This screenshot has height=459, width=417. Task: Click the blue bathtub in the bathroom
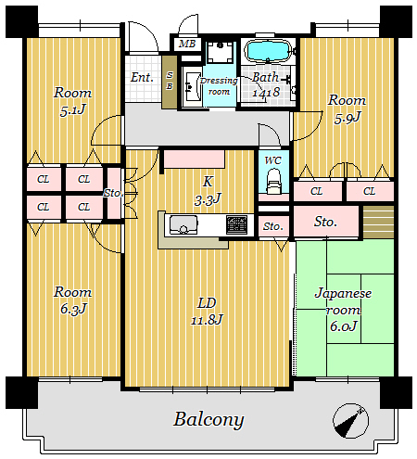[268, 51]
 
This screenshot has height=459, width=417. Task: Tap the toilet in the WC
[273, 181]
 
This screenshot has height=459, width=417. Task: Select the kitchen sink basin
[183, 224]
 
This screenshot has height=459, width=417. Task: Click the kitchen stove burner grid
[236, 224]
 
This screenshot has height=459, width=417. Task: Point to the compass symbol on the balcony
[350, 421]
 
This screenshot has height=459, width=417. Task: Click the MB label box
[187, 44]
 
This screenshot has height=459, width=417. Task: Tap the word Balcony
[208, 420]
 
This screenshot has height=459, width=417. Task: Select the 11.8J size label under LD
[207, 320]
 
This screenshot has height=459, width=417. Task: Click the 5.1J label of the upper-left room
[72, 110]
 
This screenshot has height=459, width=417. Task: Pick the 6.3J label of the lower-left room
[73, 309]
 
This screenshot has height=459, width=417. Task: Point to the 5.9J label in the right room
[347, 118]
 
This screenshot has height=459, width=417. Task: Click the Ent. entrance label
[142, 77]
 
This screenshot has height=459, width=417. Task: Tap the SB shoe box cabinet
[170, 82]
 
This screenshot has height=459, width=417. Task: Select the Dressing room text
[219, 86]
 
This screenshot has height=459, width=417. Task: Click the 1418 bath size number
[266, 93]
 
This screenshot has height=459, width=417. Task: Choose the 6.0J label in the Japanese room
[344, 326]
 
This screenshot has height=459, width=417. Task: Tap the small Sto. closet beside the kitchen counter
[273, 226]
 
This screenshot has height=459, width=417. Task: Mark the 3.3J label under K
[208, 199]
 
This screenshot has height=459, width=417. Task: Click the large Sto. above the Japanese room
[325, 222]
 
